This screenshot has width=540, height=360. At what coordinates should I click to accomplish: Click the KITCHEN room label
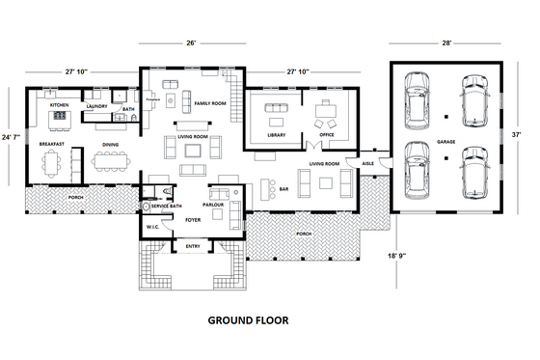(x=59, y=104)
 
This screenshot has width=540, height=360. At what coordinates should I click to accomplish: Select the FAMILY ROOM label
(x=209, y=102)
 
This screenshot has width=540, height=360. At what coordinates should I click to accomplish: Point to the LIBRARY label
(x=277, y=135)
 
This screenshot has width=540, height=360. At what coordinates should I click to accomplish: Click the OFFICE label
(x=327, y=135)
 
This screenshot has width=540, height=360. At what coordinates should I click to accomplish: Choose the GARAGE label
(x=445, y=142)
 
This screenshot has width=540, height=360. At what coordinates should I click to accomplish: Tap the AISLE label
(x=367, y=164)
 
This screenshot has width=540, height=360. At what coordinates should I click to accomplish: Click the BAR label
(x=285, y=189)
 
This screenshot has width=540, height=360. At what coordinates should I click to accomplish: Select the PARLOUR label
(x=213, y=206)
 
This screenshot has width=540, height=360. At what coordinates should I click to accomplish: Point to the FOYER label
(x=192, y=220)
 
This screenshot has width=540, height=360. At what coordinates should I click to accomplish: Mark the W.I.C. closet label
(x=152, y=228)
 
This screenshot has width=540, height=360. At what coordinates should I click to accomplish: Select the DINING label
(x=109, y=145)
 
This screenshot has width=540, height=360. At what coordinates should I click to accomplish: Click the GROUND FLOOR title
(x=247, y=319)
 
